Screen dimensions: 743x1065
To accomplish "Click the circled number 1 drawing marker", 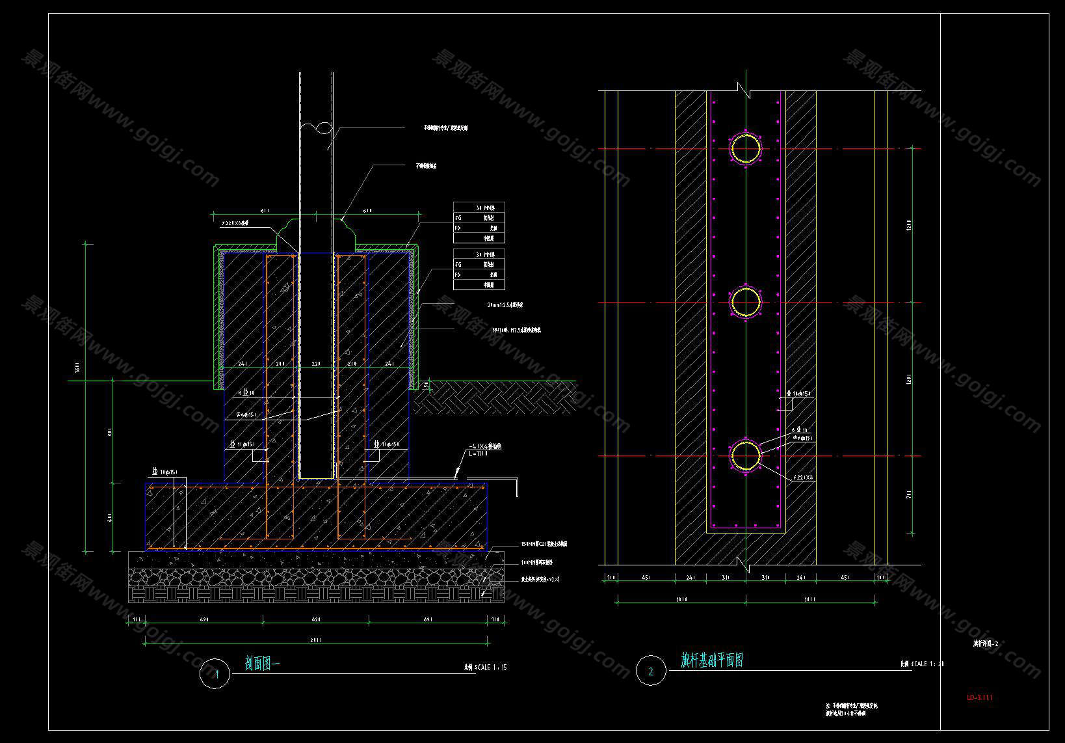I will click(215, 673).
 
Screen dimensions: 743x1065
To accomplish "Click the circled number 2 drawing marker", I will click(651, 671).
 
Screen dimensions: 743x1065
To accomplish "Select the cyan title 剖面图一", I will click(262, 664).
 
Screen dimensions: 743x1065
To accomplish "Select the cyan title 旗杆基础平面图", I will click(711, 660).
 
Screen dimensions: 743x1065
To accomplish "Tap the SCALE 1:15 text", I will click(485, 668).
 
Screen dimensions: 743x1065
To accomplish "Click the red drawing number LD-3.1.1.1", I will click(979, 697).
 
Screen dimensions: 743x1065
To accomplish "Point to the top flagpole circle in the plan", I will click(746, 149).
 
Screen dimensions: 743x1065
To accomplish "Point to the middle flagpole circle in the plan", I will click(746, 303).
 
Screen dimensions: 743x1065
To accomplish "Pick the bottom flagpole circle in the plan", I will click(746, 455).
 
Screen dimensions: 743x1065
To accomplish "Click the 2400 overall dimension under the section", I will click(315, 640).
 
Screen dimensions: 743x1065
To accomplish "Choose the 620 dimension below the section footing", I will click(316, 619).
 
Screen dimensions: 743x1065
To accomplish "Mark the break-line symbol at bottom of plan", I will click(745, 564).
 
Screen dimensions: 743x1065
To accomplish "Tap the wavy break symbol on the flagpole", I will click(315, 128).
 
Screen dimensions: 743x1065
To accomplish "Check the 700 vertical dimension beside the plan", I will click(909, 494).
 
